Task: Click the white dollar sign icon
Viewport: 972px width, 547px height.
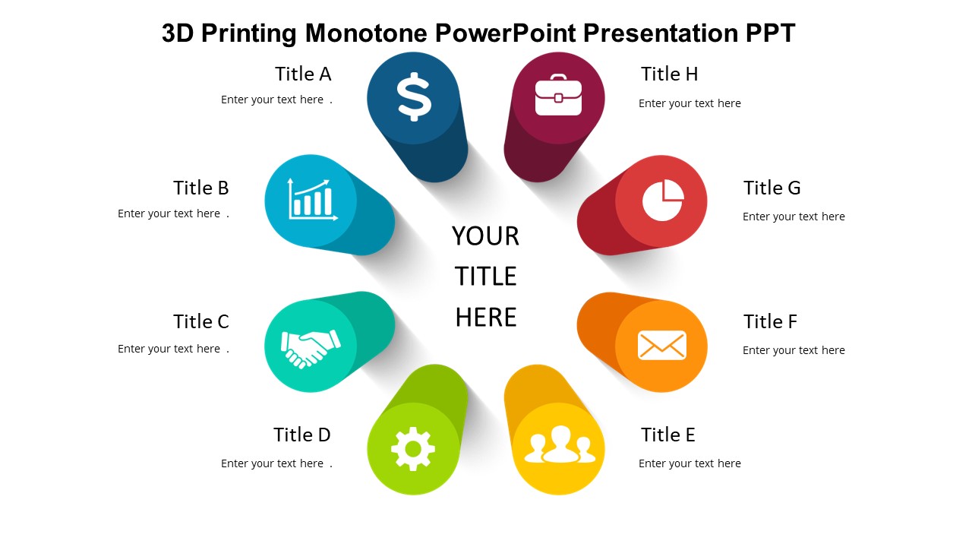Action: [414, 96]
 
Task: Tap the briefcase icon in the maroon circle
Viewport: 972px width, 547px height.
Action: [558, 95]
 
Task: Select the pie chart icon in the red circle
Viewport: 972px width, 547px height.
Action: [663, 200]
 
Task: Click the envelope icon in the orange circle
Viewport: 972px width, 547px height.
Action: [661, 345]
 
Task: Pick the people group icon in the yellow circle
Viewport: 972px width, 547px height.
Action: [560, 444]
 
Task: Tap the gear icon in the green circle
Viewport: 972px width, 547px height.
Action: [412, 449]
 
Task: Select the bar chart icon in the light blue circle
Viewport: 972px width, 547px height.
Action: [312, 200]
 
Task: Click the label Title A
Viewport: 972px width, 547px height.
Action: [303, 74]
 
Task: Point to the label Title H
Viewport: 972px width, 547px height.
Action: [670, 74]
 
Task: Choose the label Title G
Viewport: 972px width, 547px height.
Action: [772, 188]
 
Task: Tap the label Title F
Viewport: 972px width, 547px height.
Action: [770, 321]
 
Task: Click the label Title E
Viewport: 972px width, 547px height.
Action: [667, 435]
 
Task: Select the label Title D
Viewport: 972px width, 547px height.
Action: [302, 435]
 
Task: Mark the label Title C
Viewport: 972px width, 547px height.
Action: [201, 321]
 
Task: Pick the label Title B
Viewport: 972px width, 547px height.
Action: [201, 188]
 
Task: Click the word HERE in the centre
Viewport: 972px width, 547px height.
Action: [486, 317]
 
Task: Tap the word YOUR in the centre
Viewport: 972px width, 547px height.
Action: [485, 236]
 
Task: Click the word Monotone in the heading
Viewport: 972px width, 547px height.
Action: [366, 33]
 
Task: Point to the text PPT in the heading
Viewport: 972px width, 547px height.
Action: [771, 33]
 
